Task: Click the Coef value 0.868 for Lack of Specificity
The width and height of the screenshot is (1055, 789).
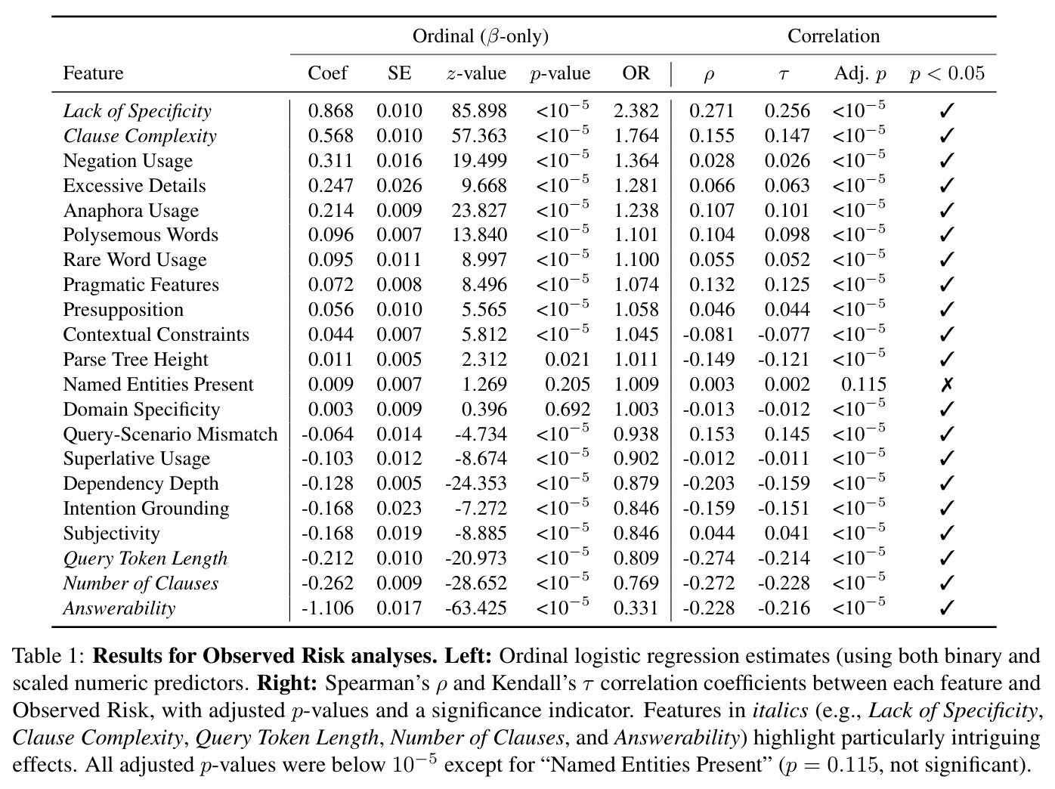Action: [330, 111]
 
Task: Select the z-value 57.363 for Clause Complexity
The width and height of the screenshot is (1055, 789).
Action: [478, 136]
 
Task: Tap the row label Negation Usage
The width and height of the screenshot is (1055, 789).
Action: [128, 160]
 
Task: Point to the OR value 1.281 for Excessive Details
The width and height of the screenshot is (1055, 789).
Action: [636, 185]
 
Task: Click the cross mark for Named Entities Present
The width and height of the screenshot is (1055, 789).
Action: [946, 385]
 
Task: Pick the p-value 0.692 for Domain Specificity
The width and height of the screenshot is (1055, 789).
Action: [567, 410]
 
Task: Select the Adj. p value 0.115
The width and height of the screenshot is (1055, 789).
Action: [863, 385]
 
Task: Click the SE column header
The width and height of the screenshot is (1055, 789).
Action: [400, 73]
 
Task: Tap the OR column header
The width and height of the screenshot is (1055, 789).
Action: [636, 73]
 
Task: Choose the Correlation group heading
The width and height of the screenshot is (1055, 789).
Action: [834, 36]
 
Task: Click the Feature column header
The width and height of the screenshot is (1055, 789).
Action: [93, 73]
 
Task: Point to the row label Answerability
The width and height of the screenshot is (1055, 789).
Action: [119, 608]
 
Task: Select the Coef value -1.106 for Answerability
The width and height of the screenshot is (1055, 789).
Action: [327, 608]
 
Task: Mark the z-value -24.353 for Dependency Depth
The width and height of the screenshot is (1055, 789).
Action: [476, 484]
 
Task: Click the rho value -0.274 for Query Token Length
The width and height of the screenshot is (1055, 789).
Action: [708, 558]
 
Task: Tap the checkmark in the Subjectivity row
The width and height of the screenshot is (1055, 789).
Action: [946, 534]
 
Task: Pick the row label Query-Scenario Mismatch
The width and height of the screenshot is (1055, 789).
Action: [170, 435]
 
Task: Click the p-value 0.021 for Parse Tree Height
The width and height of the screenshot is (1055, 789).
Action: [567, 360]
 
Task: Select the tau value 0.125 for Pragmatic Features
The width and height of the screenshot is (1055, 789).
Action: [787, 284]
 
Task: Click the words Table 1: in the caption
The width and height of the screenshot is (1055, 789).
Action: [48, 657]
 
